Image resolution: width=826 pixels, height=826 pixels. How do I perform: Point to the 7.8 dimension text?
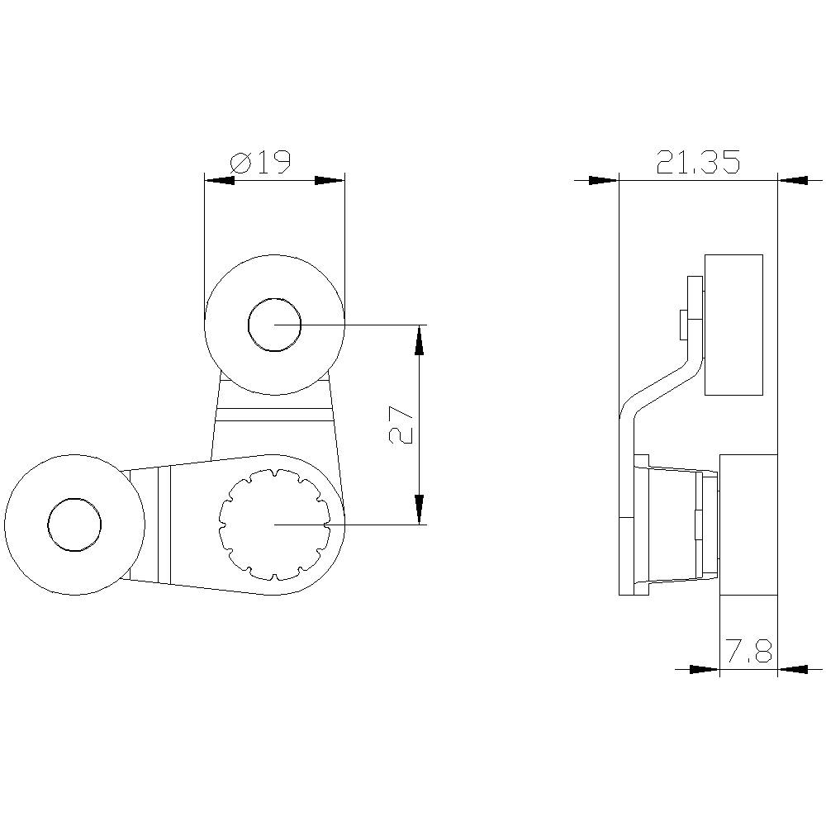point(748,653)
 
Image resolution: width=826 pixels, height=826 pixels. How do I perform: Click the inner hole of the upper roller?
point(275,325)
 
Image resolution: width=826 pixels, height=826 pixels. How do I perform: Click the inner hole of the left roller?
point(74,525)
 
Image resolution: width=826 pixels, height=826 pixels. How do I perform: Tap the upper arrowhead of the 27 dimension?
point(420,339)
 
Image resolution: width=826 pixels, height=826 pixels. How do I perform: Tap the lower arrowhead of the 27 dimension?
point(420,509)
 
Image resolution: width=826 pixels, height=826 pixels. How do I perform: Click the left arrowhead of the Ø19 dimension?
point(219,180)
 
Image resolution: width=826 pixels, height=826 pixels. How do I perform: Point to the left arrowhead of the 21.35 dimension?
point(604,180)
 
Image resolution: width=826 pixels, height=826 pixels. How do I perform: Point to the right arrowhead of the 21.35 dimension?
point(793,180)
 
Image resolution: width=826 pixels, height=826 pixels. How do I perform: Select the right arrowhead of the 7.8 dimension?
point(793,669)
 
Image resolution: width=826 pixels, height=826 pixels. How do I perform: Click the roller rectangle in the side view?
point(733,325)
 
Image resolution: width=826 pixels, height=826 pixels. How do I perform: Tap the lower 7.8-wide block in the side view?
point(748,525)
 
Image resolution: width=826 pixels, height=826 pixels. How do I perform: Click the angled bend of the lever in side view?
point(661,388)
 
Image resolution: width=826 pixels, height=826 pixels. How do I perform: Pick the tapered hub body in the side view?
point(673,525)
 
